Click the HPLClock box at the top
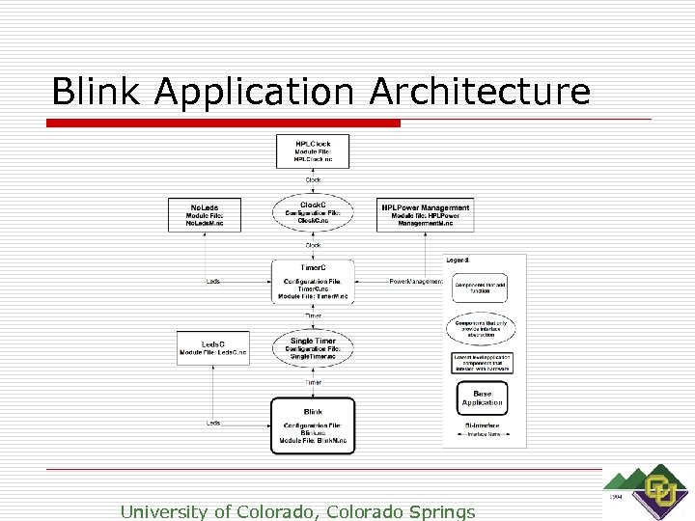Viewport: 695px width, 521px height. [313, 151]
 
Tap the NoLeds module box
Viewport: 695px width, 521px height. [205, 215]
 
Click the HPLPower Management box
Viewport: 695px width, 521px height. [426, 214]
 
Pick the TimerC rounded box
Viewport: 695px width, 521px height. [313, 282]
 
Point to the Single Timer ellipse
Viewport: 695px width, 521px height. [313, 348]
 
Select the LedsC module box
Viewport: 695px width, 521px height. [211, 347]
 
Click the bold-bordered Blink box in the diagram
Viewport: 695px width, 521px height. [313, 425]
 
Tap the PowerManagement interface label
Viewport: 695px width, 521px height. [416, 282]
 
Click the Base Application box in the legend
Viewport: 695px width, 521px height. [482, 398]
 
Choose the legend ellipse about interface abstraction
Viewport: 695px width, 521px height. [481, 328]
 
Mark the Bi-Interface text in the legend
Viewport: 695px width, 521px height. [482, 425]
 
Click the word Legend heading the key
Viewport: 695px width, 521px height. [459, 260]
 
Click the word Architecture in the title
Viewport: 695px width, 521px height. [480, 92]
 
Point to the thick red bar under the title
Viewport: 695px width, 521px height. [226, 123]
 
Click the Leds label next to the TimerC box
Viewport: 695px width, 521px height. [213, 282]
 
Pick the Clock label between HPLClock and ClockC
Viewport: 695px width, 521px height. [313, 179]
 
